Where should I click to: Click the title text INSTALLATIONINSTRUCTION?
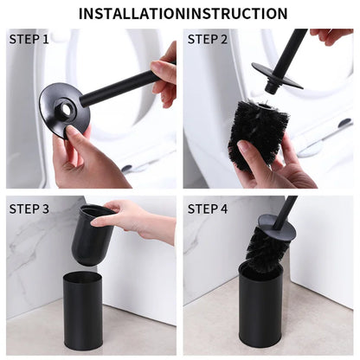coord(183,13)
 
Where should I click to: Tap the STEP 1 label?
coord(29,40)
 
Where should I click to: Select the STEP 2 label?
coord(208,40)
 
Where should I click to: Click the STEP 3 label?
coord(29,209)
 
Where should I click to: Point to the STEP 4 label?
coord(208,209)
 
